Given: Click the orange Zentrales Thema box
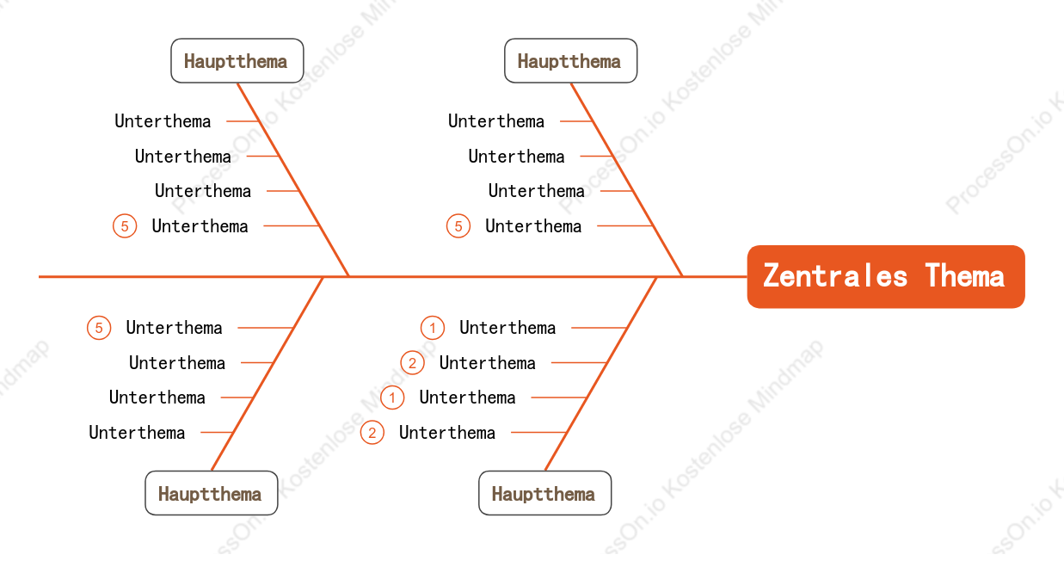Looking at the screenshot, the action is coord(886,276).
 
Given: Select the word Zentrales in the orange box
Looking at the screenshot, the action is coord(835,275).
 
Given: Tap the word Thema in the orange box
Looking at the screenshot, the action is coord(965,275).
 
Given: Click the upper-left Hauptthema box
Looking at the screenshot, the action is coord(237,61).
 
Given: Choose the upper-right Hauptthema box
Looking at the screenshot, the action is coord(570,61).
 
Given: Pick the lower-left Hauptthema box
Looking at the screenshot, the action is coord(212,493).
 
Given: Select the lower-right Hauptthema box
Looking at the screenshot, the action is coord(544,493).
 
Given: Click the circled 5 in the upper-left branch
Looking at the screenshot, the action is coord(125,225).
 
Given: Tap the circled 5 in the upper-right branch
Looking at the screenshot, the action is coord(458,225).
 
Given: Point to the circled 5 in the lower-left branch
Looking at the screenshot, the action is coord(99,328).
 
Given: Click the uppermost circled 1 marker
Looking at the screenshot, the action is coord(433,328).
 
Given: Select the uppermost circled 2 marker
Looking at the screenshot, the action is coord(412,363).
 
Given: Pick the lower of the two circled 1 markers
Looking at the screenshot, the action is coord(392,398).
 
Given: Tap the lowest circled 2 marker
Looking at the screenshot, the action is coord(372,433).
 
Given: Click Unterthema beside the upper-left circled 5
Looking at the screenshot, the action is coord(200,226).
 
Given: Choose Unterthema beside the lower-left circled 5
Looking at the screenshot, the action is coord(174,328).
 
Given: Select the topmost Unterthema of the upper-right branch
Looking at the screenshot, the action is coord(496,121).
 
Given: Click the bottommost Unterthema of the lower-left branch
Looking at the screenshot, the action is coord(137,433).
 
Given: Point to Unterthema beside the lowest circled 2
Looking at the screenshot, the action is coord(447,433).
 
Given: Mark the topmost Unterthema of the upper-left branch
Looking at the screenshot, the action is coord(163,121).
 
